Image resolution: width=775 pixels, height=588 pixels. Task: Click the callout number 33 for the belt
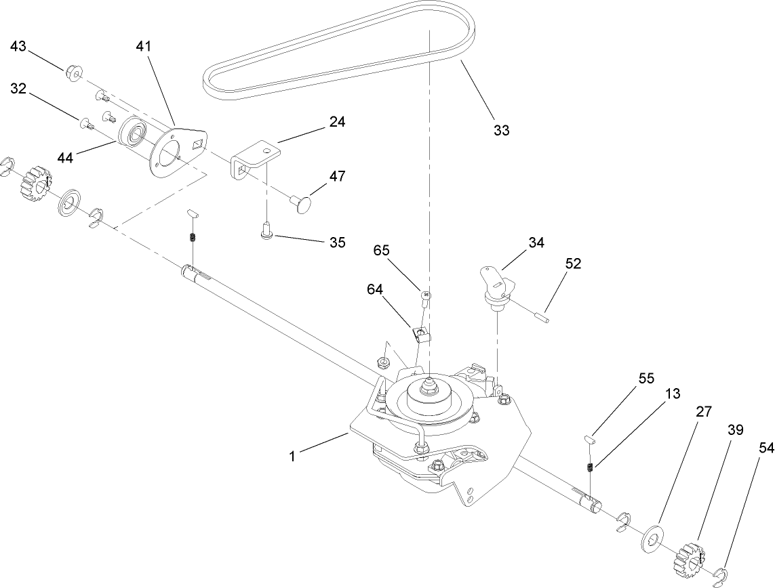[x=501, y=130]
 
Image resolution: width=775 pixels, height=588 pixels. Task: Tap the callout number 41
[x=143, y=47]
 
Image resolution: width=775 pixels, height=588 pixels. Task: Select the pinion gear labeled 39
[x=690, y=555]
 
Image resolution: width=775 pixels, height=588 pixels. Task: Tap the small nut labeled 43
[x=73, y=71]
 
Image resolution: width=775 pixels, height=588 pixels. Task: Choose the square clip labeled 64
[x=422, y=335]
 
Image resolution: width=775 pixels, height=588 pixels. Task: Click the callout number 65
[x=381, y=250]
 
